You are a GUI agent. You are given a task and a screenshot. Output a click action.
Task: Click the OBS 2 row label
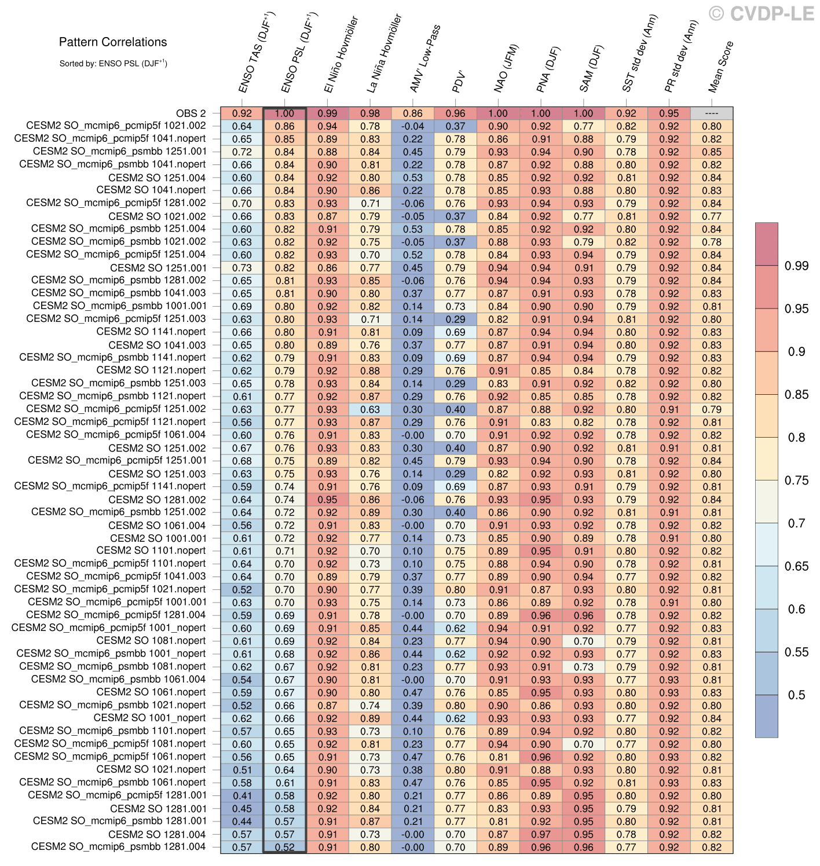click(191, 113)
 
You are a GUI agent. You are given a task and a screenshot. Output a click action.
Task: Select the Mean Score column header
click(720, 67)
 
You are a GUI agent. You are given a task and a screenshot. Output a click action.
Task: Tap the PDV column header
click(459, 82)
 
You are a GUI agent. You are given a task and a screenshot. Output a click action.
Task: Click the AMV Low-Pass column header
click(425, 58)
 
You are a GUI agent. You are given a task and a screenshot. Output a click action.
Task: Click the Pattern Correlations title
click(113, 42)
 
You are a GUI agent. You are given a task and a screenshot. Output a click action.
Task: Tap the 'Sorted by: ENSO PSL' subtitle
click(113, 63)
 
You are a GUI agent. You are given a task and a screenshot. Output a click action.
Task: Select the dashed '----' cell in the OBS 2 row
click(712, 113)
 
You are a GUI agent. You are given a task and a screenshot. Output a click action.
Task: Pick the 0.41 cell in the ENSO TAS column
click(242, 795)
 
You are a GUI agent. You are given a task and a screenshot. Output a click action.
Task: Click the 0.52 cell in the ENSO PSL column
click(285, 847)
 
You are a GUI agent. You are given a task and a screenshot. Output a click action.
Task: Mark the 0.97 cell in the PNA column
click(541, 834)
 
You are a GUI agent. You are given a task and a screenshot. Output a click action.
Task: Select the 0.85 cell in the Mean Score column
click(712, 152)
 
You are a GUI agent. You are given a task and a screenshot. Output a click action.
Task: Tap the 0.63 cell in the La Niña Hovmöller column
click(371, 409)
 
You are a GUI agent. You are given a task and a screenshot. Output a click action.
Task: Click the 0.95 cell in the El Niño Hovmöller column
click(328, 500)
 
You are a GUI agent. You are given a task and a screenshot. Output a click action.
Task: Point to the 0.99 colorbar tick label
click(796, 266)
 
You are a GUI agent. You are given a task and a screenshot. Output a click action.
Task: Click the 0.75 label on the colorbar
click(796, 480)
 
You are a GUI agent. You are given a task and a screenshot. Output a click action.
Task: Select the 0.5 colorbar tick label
click(796, 695)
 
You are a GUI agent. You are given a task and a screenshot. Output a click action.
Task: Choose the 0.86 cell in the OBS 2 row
click(413, 113)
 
